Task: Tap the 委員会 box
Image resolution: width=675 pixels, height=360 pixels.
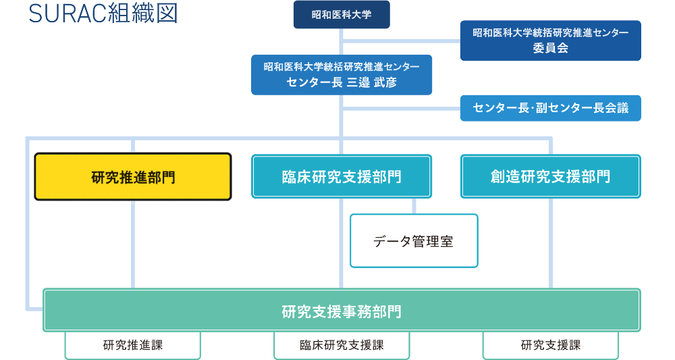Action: click(550, 48)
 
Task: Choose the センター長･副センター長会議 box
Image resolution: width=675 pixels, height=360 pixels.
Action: click(550, 108)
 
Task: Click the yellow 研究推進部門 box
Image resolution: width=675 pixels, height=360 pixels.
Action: click(133, 177)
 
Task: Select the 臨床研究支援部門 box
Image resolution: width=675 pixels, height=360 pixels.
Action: click(342, 177)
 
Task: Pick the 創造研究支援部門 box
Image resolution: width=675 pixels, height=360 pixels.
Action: click(550, 177)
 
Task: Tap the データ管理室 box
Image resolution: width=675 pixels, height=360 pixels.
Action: click(414, 241)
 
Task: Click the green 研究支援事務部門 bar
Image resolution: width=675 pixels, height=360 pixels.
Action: click(342, 311)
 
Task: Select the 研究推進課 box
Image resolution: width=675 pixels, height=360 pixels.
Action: click(133, 345)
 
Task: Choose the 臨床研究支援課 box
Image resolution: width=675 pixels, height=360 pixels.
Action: click(342, 345)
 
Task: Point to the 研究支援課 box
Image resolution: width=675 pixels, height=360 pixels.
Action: click(550, 345)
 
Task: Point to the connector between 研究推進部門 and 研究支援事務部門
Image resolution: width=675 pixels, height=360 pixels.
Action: click(133, 243)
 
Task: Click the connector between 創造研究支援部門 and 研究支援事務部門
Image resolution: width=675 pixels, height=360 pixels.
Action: click(550, 243)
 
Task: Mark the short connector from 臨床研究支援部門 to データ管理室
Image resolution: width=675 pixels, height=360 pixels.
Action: click(414, 206)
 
